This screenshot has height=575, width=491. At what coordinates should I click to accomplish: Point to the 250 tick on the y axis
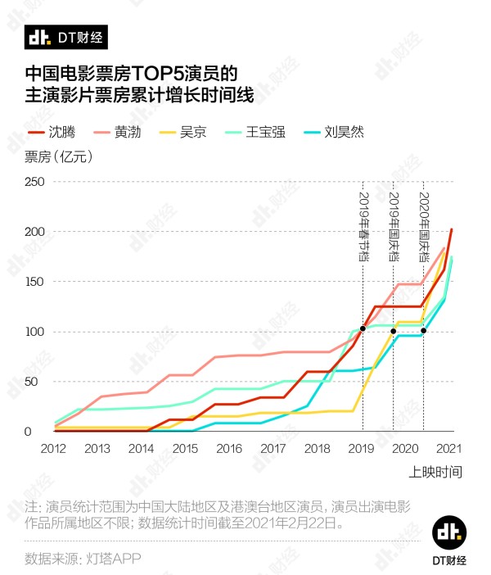click(33, 182)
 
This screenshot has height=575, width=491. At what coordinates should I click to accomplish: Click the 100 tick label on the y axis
click(33, 332)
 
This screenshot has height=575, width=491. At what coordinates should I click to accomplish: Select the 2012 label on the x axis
click(53, 448)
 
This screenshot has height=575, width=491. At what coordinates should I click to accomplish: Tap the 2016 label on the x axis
click(229, 448)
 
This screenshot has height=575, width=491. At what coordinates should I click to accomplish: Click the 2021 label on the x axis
click(449, 448)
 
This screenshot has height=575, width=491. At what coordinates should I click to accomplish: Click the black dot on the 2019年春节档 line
click(363, 329)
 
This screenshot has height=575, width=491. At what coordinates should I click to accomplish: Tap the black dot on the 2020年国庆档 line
click(423, 331)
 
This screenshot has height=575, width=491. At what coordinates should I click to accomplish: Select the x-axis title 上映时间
click(435, 472)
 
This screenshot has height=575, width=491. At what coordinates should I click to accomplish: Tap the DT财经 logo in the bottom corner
click(449, 541)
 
